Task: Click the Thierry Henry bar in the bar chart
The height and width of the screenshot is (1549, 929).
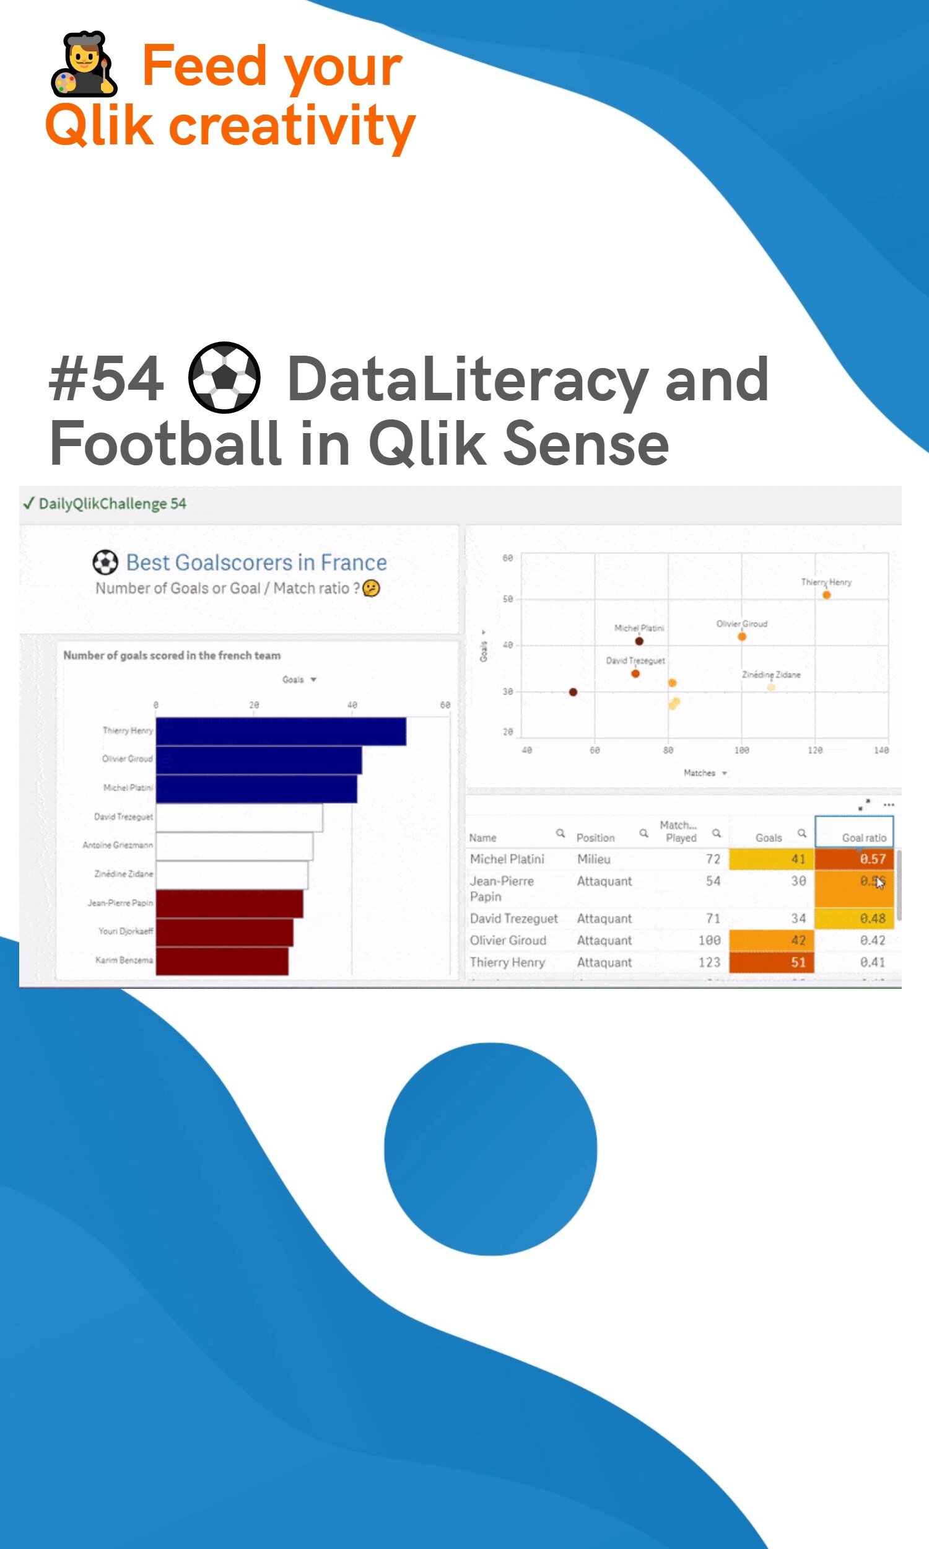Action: (281, 731)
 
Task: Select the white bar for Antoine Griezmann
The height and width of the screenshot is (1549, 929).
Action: (234, 846)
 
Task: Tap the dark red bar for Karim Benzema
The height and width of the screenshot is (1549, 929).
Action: (222, 961)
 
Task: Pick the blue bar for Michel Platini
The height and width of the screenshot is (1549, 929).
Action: (256, 788)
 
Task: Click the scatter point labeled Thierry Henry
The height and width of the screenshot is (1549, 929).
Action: (826, 595)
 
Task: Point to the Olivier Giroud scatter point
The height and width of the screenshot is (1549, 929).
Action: (742, 637)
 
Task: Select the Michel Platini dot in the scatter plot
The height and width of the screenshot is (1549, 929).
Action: (639, 641)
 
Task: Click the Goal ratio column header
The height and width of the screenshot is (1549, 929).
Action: (863, 838)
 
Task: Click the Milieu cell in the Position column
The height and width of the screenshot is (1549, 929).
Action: (593, 859)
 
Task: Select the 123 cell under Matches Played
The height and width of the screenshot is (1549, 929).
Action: (709, 962)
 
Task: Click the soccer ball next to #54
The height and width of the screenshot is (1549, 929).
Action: (224, 377)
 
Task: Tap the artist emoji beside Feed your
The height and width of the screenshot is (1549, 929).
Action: (83, 64)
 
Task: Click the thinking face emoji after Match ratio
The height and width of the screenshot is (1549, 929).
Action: (371, 588)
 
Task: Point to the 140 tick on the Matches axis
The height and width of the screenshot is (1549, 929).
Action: (881, 750)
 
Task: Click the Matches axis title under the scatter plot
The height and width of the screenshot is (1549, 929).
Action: (699, 773)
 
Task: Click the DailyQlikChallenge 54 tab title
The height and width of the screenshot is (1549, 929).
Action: (112, 504)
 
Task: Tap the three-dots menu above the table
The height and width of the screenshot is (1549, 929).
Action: (888, 805)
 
